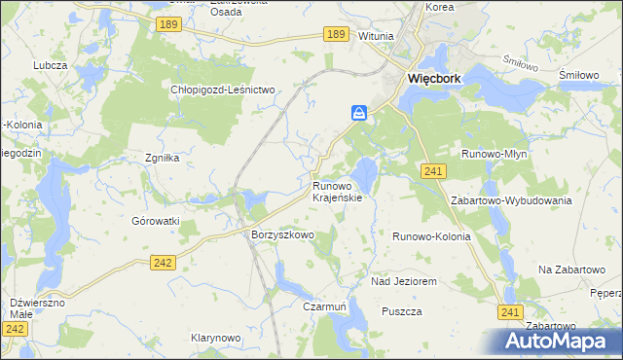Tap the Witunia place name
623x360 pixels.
pyautogui.click(x=376, y=36)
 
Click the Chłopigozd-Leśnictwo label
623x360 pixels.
pyautogui.click(x=225, y=90)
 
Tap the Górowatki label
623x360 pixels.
pyautogui.click(x=156, y=221)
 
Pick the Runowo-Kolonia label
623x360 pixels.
pyautogui.click(x=431, y=236)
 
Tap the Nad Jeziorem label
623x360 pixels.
pyautogui.click(x=403, y=281)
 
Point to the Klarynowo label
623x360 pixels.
pyautogui.click(x=215, y=338)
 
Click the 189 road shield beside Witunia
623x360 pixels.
pyautogui.click(x=337, y=34)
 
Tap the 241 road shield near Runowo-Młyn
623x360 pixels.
pyautogui.click(x=435, y=171)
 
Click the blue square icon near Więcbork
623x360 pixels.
pyautogui.click(x=359, y=114)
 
